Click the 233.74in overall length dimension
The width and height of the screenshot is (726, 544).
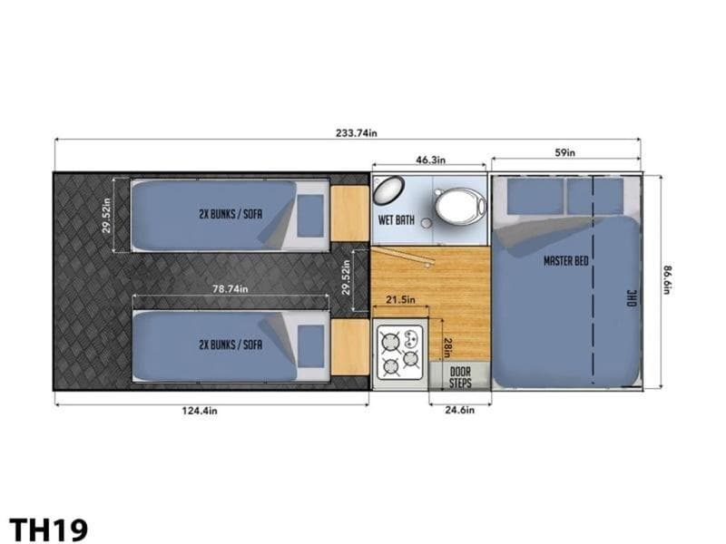point(356,133)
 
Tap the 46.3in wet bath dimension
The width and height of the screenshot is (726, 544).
point(430,160)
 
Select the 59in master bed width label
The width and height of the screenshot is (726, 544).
point(564,152)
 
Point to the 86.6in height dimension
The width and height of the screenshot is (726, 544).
point(666,279)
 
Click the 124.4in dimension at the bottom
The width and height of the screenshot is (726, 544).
point(200,411)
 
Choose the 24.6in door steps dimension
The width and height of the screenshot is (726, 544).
point(459,410)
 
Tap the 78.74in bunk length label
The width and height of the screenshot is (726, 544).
point(231,289)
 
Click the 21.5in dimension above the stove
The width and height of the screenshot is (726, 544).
point(400,300)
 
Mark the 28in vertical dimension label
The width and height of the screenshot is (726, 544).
point(447,347)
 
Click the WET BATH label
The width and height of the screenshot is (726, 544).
point(397,219)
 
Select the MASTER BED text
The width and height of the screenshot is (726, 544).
point(565,261)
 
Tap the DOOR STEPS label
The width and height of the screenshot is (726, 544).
point(460,377)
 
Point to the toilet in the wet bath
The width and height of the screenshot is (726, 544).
point(460,206)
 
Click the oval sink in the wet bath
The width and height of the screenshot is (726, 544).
point(388,190)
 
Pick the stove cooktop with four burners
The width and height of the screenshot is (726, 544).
point(400,353)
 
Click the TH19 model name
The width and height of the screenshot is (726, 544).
point(48,529)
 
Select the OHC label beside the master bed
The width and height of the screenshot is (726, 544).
point(632,298)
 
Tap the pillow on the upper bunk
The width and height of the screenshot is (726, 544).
point(310,216)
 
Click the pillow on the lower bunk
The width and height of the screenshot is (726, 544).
point(310,346)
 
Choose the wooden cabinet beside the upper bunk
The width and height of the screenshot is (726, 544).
point(349,214)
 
